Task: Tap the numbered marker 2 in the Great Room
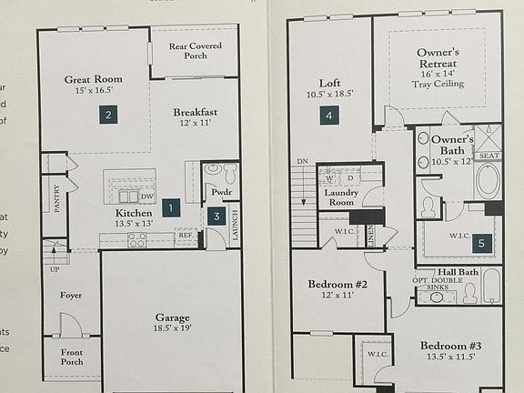108,115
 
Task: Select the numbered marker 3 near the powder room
215,216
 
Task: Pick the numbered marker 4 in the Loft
328,115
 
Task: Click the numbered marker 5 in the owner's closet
483,243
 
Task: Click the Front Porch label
70,357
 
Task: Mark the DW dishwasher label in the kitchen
146,196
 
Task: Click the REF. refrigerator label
186,236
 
